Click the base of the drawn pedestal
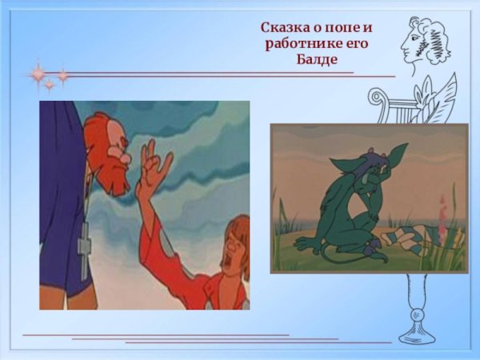[416, 336]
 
